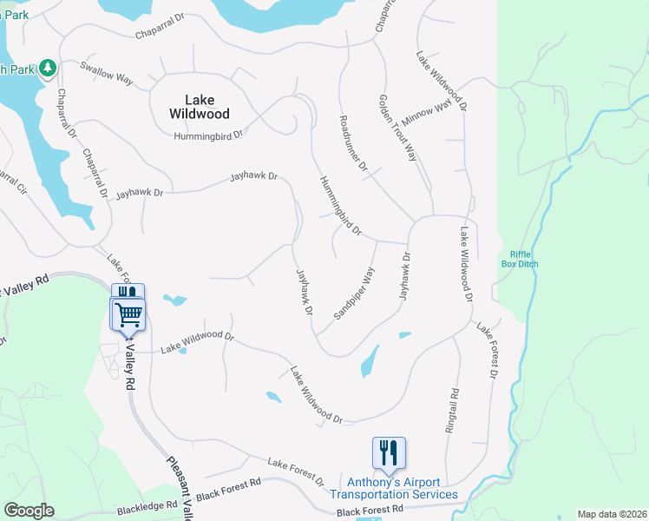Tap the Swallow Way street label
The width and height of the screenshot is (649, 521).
[x=106, y=73]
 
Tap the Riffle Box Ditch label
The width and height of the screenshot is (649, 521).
[x=520, y=259]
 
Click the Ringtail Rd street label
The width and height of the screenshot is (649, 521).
[x=453, y=403]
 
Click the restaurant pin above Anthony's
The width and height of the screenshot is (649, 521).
[x=387, y=452]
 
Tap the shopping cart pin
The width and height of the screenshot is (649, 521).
[x=128, y=313]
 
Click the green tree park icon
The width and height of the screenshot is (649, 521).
[x=49, y=68]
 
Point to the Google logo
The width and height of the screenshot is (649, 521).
[x=29, y=511]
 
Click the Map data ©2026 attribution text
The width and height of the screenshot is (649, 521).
[x=611, y=514]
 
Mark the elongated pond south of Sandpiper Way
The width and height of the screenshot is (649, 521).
[x=370, y=360]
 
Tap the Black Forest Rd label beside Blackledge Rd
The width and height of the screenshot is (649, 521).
[x=228, y=490]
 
